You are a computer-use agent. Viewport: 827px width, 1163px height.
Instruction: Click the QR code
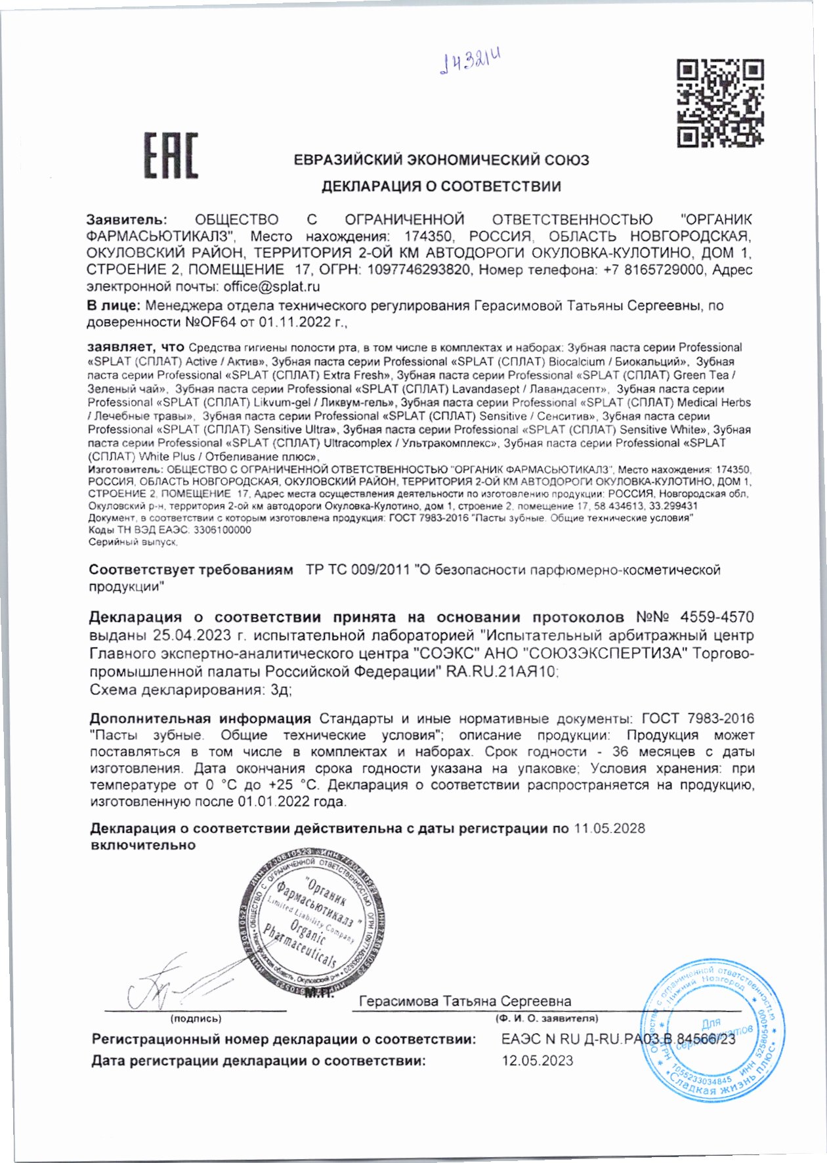coord(720,102)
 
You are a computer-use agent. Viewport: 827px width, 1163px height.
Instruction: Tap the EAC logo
coord(171,156)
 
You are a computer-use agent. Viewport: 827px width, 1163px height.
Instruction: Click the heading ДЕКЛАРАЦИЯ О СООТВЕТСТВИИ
coord(441,186)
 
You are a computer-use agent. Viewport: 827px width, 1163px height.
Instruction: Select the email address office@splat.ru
coord(272,287)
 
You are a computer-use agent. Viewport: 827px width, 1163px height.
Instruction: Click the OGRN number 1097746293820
coord(418,270)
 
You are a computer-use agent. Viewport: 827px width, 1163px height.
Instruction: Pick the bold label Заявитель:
coord(127,220)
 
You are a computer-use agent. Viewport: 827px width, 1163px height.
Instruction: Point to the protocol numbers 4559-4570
coord(717,618)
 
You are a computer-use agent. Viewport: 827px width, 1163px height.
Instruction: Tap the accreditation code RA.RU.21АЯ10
coord(502,672)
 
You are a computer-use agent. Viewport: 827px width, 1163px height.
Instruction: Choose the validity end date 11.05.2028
coord(609,829)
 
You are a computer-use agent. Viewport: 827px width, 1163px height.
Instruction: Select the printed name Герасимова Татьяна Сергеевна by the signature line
coord(465,1002)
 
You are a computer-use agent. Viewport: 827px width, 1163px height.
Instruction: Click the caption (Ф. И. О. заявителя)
coord(547,1019)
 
